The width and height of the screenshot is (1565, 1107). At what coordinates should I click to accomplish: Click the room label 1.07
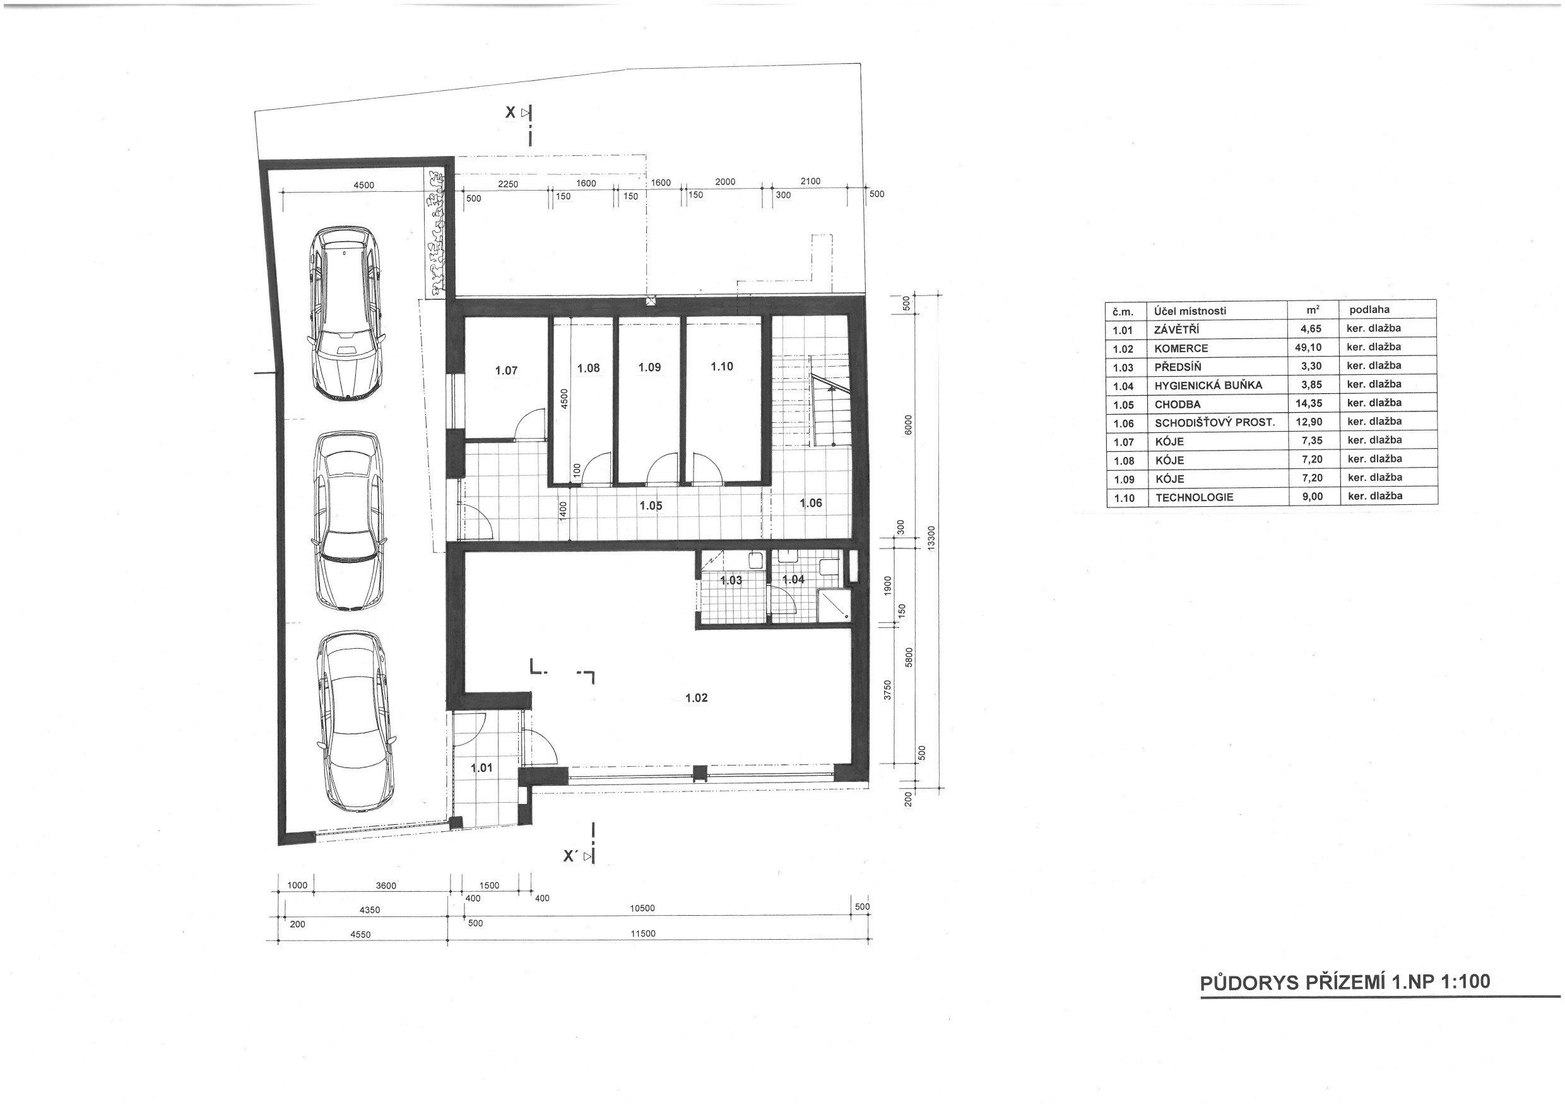(x=505, y=371)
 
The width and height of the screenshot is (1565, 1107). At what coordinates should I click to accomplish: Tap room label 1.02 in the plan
(x=696, y=698)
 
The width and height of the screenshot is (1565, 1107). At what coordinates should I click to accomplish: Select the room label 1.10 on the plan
(x=722, y=367)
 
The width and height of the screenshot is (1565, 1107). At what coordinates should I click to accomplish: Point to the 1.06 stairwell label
(x=810, y=503)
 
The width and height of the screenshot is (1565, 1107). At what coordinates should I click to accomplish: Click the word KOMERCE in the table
(x=1181, y=348)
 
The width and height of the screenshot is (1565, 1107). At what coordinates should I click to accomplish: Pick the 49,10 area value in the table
(x=1308, y=347)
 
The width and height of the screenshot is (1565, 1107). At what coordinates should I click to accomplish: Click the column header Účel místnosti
(x=1190, y=311)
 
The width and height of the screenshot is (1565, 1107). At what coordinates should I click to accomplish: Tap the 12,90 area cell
(x=1309, y=422)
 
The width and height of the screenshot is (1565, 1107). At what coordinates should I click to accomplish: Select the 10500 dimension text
(x=642, y=908)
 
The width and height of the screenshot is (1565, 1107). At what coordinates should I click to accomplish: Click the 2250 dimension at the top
(x=508, y=184)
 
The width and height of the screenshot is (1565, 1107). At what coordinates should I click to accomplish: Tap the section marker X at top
(x=511, y=112)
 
